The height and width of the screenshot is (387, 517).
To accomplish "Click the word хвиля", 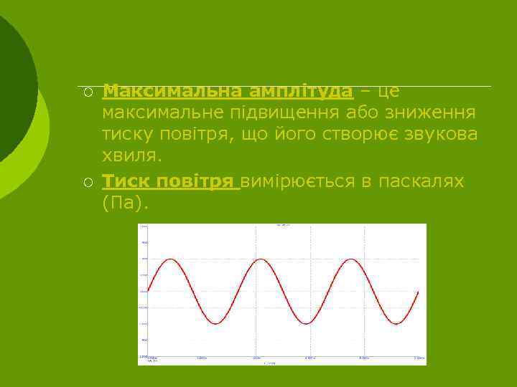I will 131,156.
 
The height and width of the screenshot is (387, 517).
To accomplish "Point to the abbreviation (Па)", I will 125,203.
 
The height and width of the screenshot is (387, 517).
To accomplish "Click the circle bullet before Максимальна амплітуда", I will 87,92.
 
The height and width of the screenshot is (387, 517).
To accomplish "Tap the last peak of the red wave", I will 350,259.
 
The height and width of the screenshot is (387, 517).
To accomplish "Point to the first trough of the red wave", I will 215,324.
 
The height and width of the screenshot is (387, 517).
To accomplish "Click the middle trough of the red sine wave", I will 305,324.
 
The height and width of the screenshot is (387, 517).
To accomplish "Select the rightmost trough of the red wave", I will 396,324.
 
